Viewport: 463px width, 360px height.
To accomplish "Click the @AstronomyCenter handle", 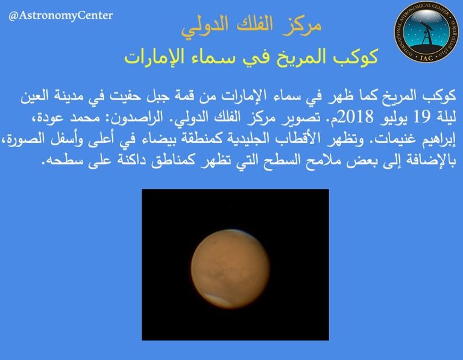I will pyautogui.click(x=60, y=15).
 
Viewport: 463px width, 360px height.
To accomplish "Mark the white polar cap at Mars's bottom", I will pyautogui.click(x=231, y=298).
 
